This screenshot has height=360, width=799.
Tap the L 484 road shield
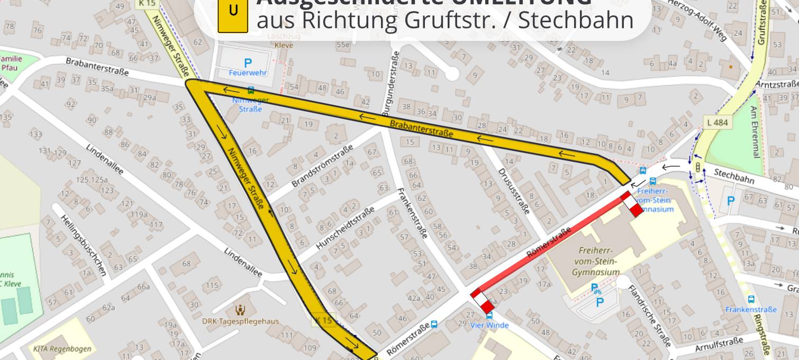click(717, 122)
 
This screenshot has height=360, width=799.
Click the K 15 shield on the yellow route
click(324, 320)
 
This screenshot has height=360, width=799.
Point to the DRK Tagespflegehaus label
click(241, 321)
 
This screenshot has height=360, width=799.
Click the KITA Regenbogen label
click(62, 349)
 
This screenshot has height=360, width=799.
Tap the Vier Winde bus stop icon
click(489, 316)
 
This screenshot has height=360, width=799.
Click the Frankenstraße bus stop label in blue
click(751, 309)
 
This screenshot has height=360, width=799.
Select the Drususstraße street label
click(514, 191)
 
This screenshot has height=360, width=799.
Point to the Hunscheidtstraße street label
click(345, 228)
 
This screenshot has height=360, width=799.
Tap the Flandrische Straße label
click(649, 316)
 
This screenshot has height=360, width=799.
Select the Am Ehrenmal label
click(755, 131)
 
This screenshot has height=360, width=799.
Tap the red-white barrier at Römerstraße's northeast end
click(632, 204)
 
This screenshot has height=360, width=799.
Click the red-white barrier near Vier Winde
click(483, 301)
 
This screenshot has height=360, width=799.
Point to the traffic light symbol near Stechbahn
click(698, 168)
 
